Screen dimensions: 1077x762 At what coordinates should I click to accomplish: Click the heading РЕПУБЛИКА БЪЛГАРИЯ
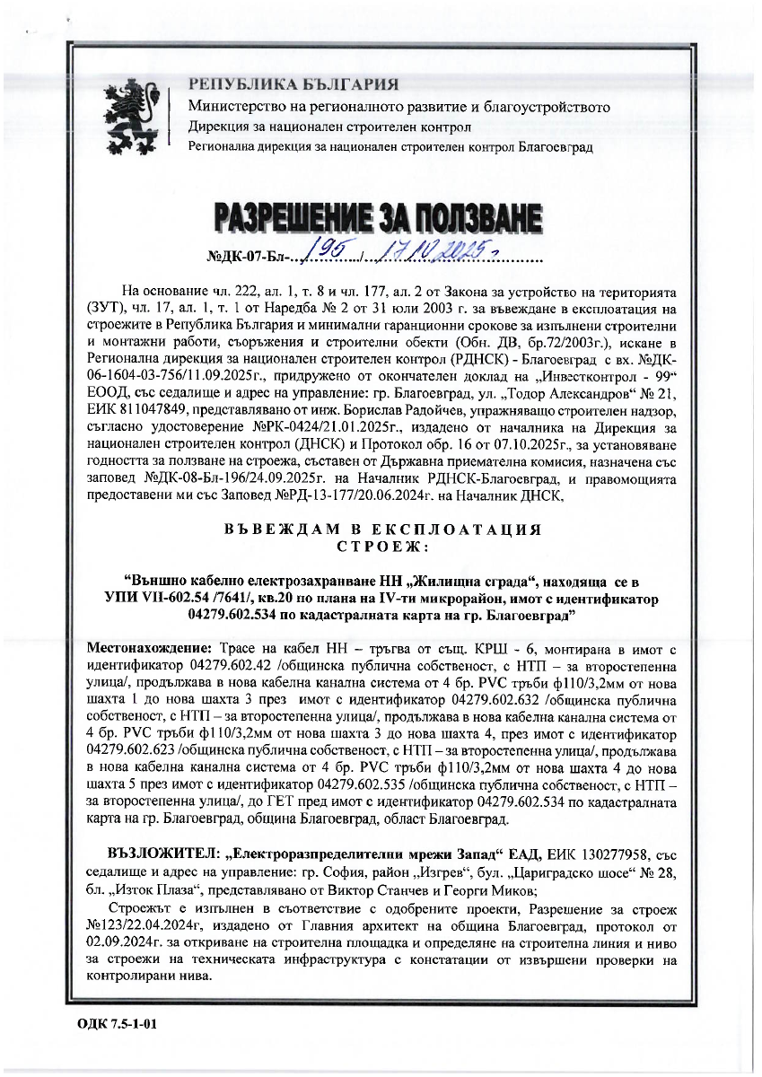pos(293,86)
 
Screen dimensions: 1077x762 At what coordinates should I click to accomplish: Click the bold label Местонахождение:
pos(148,648)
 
